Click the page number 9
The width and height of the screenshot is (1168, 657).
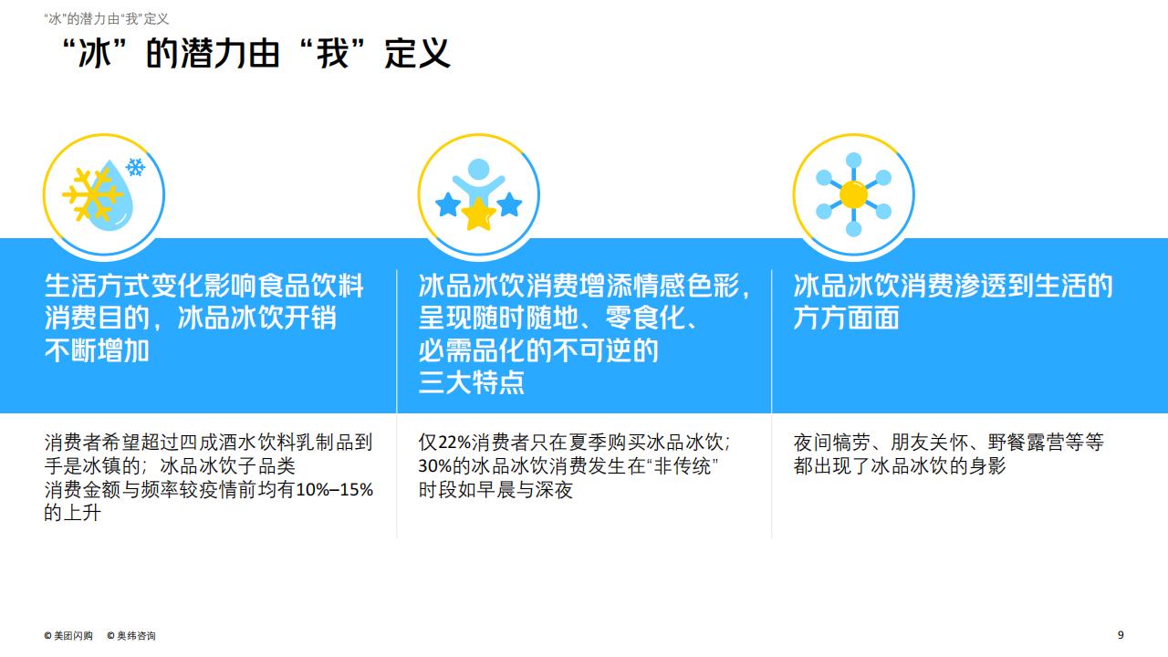1121,634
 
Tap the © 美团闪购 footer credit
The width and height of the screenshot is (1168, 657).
68,636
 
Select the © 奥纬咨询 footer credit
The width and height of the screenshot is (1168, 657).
131,636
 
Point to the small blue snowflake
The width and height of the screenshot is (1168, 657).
136,167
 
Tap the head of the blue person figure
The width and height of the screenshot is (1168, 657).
479,169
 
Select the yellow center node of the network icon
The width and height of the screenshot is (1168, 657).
853,194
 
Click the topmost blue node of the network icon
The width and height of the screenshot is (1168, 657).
853,160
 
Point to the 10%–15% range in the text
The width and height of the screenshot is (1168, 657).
335,490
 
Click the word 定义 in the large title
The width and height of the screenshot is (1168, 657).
417,53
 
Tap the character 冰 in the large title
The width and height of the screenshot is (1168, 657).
95,53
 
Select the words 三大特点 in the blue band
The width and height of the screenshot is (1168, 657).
472,382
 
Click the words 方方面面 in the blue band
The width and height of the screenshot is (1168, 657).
846,318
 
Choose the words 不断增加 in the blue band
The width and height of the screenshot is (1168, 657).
97,349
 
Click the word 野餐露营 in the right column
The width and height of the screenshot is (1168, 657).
1027,443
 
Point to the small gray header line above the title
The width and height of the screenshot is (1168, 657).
107,19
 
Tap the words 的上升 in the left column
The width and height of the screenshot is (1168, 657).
72,513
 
